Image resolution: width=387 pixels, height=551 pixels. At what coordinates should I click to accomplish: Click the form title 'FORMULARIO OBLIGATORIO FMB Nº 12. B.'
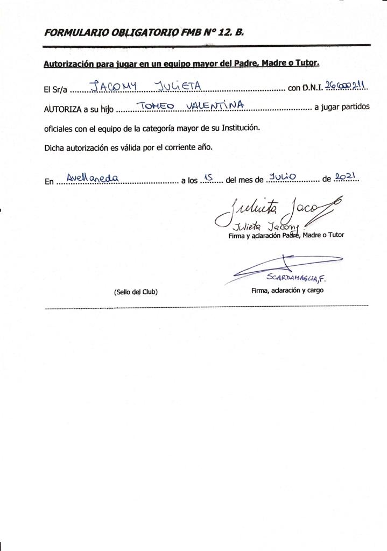tap(144, 32)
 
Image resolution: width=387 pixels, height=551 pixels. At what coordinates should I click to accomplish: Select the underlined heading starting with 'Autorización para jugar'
tap(181, 63)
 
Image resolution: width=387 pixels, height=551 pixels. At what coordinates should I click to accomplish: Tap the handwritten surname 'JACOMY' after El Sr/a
tap(110, 86)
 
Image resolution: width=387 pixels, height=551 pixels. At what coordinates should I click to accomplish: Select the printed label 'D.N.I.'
tap(305, 88)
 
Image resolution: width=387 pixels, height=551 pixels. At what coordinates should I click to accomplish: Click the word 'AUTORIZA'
tap(62, 109)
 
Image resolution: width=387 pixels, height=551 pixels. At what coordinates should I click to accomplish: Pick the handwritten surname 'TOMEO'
tap(156, 106)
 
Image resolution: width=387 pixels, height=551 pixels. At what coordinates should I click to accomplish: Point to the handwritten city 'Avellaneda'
tap(92, 177)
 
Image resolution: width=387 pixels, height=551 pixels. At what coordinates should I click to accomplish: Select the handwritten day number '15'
tap(210, 177)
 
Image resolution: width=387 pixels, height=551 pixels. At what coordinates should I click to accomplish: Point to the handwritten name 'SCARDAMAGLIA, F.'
tap(297, 278)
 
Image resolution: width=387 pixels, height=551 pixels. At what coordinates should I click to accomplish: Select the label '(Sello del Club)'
tap(136, 292)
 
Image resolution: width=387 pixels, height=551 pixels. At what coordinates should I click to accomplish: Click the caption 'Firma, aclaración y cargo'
tap(287, 291)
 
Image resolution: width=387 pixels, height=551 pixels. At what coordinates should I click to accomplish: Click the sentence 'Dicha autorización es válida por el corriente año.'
tap(129, 147)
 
